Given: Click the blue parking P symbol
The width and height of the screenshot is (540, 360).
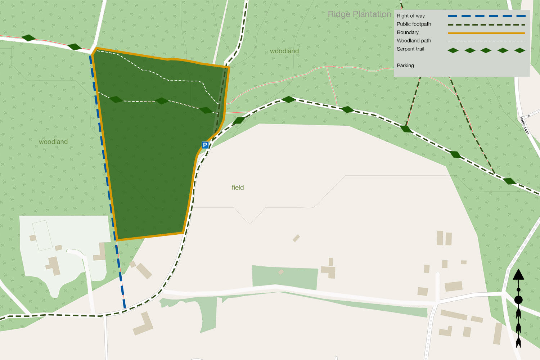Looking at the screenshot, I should click(205, 145).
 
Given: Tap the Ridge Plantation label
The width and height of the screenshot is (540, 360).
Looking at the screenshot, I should click(359, 14).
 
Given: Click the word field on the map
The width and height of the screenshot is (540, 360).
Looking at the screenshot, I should click(238, 188).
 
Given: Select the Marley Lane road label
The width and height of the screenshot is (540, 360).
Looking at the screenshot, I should click(525, 125).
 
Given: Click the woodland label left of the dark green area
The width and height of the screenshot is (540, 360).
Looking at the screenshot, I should click(53, 142).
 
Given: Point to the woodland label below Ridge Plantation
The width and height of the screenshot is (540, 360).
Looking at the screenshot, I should click(284, 51).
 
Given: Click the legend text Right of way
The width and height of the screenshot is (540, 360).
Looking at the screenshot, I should click(411, 16).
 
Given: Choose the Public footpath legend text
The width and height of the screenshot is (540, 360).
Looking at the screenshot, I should click(414, 24).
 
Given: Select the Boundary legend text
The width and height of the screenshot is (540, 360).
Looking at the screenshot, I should click(408, 32).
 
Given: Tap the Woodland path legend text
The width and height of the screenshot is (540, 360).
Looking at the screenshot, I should click(414, 41).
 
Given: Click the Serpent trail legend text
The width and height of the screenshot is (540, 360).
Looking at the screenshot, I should click(410, 49).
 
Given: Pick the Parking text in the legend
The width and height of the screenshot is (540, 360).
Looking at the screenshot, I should click(405, 66).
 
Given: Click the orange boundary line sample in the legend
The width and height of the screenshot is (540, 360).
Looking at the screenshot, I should click(486, 33).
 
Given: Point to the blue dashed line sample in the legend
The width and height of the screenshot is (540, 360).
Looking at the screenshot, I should click(486, 16).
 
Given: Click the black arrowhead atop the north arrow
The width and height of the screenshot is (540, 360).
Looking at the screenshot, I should click(518, 275).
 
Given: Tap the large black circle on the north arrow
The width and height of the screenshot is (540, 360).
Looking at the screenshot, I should click(518, 300).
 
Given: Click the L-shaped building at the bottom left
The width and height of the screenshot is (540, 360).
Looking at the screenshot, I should click(144, 324).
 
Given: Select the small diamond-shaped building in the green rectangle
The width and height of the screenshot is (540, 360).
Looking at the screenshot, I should click(281, 272).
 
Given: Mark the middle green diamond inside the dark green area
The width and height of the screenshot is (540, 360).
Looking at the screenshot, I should click(162, 101).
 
